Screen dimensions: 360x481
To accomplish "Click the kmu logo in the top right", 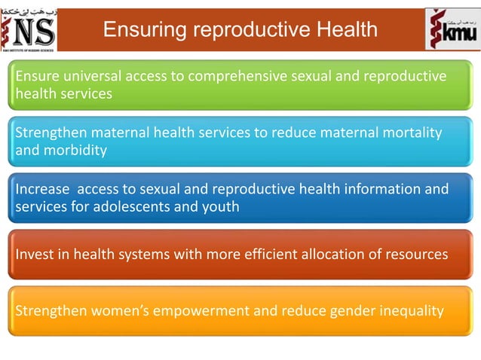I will coord(451,30).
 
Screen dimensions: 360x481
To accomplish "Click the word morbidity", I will coord(74,150).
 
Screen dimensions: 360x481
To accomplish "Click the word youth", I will coord(222,206).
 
